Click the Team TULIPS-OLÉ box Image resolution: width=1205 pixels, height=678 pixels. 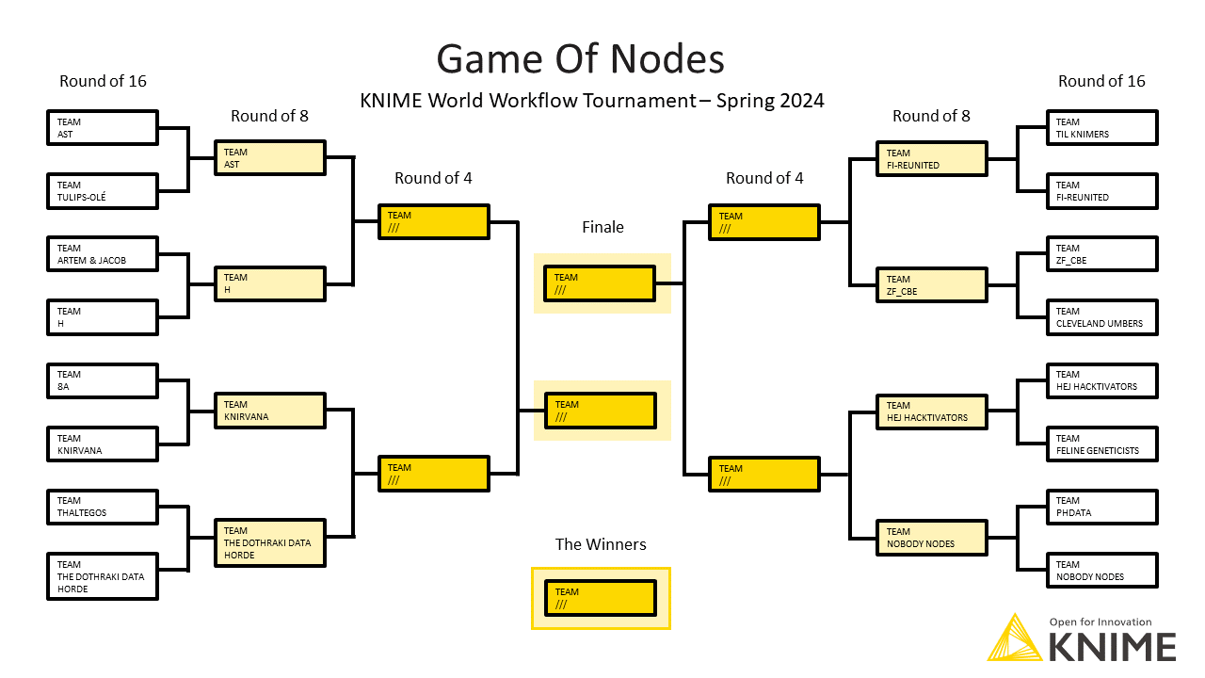coord(103,191)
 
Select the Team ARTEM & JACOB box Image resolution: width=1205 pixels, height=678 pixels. coord(103,254)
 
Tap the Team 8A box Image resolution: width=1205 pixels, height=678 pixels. coord(103,380)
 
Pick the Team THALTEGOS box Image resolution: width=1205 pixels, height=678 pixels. coord(103,507)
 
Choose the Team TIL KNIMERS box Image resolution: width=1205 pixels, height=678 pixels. coord(1101,128)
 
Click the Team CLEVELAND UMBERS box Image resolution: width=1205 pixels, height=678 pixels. coord(1101,317)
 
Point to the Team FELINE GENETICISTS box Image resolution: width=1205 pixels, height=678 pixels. coord(1101,444)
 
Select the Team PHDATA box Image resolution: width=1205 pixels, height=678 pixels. coord(1101,507)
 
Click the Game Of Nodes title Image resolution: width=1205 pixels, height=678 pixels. coord(581,58)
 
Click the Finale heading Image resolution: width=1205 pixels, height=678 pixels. coord(602,227)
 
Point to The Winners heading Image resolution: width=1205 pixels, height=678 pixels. coord(601,544)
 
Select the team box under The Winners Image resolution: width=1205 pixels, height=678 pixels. coord(601,598)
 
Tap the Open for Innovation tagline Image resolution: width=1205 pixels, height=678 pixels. coord(1101,622)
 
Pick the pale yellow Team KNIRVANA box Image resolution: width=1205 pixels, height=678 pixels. coord(270,411)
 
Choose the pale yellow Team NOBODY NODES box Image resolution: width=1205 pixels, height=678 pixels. coord(932,538)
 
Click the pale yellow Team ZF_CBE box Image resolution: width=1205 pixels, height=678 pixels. coord(932,285)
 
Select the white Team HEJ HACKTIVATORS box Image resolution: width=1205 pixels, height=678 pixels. coord(1101,380)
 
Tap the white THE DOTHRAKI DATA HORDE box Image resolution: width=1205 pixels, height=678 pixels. coord(103,576)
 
